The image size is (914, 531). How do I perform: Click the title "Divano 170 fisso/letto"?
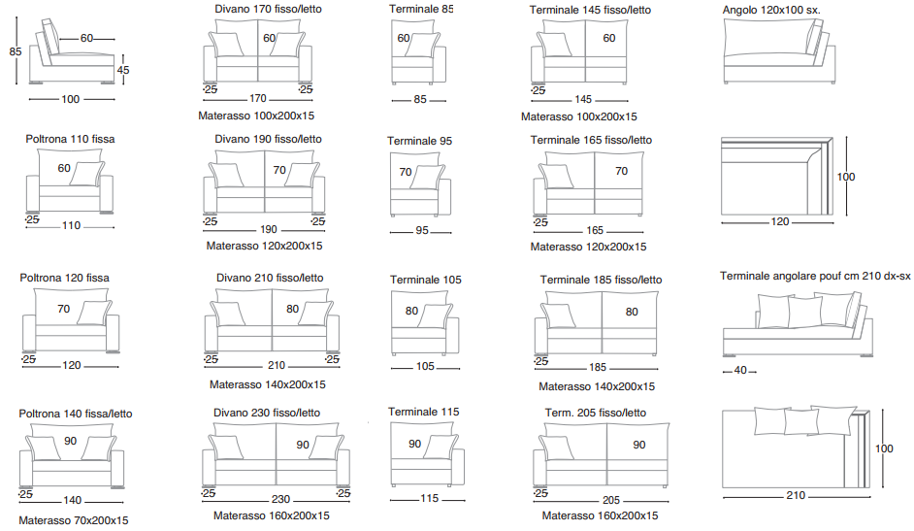268,9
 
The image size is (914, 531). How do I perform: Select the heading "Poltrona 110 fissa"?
70,139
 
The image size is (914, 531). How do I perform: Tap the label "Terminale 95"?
420,141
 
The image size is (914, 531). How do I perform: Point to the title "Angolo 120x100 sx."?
771,10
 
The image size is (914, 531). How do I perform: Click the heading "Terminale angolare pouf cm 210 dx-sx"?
815,276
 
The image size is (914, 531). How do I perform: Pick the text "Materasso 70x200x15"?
74,520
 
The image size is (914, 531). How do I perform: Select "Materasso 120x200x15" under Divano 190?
264,246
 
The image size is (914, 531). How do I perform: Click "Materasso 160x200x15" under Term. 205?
600,515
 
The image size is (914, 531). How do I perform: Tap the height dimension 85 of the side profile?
16,51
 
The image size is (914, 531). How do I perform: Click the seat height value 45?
123,70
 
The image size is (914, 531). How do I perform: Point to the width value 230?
280,499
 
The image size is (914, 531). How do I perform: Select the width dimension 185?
598,367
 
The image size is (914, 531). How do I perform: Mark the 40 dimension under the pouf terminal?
740,370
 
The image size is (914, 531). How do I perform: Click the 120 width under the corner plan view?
780,221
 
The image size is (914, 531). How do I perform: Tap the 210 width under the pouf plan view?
796,495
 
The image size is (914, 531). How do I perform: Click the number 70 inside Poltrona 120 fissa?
63,309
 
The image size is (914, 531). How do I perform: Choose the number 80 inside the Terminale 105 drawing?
411,311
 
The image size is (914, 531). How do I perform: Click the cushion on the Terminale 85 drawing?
421,45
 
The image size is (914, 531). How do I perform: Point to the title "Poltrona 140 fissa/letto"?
75,414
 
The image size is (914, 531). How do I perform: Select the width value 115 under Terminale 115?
429,498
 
